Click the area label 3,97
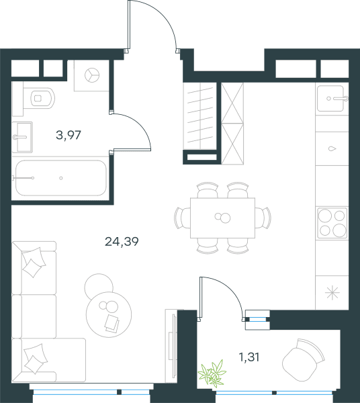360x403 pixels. click(x=69, y=135)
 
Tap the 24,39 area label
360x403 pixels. click(x=122, y=242)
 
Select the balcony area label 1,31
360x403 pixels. click(x=249, y=357)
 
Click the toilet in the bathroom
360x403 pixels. click(x=38, y=98)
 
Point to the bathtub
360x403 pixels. click(x=60, y=178)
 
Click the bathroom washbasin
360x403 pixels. click(x=22, y=137)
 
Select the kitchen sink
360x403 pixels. click(x=332, y=99)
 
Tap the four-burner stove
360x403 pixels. click(x=332, y=224)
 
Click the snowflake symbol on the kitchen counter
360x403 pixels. click(x=332, y=292)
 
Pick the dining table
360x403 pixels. click(x=222, y=218)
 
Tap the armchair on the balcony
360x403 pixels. click(x=303, y=359)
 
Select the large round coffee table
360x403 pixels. click(x=109, y=314)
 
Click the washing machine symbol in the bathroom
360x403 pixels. click(x=92, y=75)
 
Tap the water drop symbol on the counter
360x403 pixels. click(x=332, y=148)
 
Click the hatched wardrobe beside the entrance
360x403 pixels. click(x=232, y=124)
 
